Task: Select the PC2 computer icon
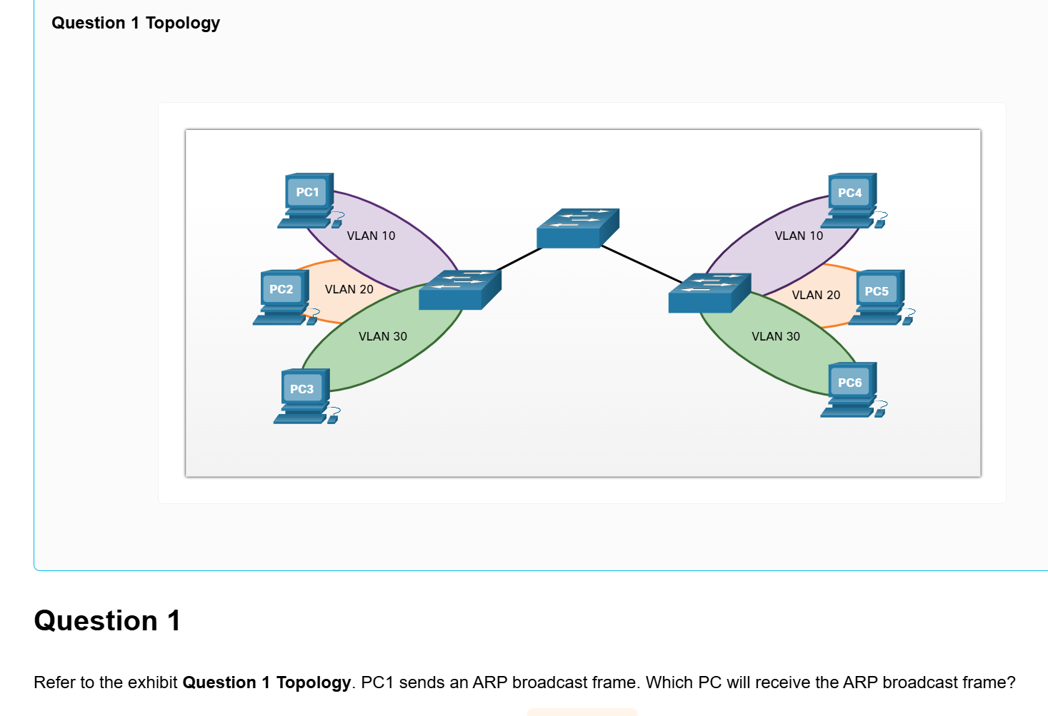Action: point(283,297)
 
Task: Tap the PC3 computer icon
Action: point(304,395)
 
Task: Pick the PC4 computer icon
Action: point(850,200)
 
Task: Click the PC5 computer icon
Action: point(878,298)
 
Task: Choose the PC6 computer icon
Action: point(850,390)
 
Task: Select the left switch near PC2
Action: point(459,290)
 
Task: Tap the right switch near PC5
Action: point(709,293)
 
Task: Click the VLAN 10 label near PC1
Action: point(371,236)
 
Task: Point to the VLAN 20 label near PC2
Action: point(349,289)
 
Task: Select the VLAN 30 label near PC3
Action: point(382,336)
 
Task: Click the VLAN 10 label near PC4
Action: point(799,236)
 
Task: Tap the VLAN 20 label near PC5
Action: point(816,295)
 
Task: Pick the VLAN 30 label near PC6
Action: point(776,336)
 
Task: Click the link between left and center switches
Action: point(519,259)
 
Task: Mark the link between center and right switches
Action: point(642,263)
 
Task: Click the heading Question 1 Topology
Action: point(136,23)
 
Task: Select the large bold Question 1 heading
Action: point(107,620)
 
